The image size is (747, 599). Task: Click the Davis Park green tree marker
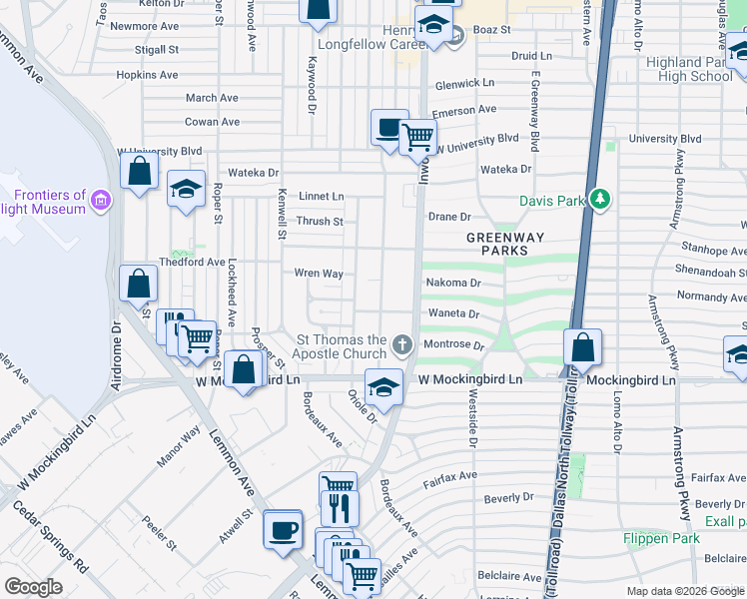coord(599,200)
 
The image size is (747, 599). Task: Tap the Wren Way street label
coord(319,274)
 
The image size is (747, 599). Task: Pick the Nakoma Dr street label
coord(454,283)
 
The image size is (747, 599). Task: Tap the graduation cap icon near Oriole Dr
coord(383,388)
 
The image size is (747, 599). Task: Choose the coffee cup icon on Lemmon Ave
coord(284,529)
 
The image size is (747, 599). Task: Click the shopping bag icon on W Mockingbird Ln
coord(244,370)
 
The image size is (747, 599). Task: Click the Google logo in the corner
coord(33,587)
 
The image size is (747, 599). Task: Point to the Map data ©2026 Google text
coord(685,591)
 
